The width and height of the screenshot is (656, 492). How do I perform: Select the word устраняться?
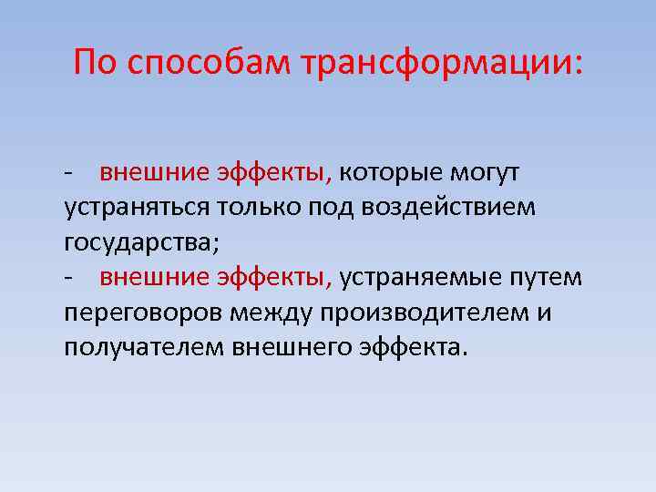click(x=137, y=207)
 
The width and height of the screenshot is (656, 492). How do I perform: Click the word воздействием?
click(x=449, y=207)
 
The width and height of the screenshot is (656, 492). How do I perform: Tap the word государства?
click(x=140, y=242)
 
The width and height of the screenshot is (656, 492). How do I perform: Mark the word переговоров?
click(x=144, y=313)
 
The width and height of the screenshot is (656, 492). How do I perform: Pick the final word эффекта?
click(x=415, y=347)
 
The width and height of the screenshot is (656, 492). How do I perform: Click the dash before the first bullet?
click(x=68, y=173)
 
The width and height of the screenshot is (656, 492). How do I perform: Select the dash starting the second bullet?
click(x=68, y=278)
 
